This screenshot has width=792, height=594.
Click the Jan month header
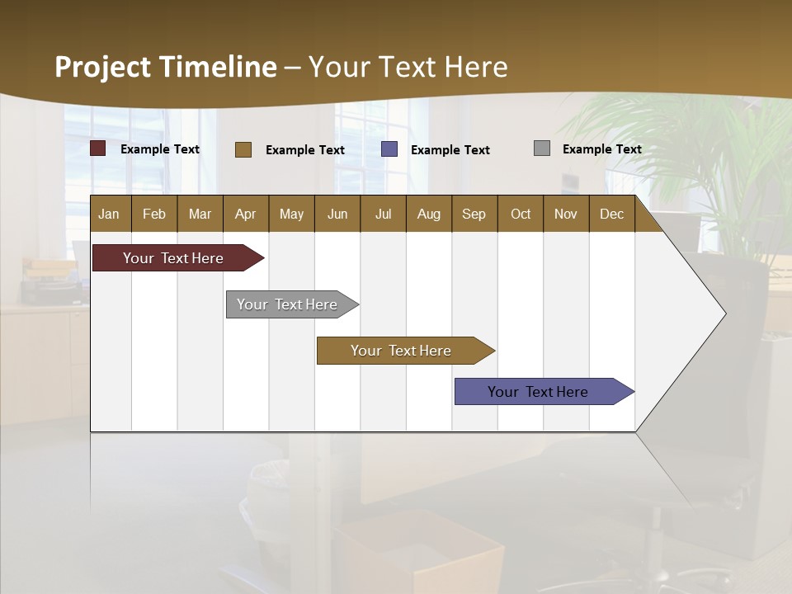(110, 214)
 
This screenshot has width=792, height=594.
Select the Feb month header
(154, 214)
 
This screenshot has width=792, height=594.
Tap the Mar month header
(200, 214)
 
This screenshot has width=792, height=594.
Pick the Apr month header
(246, 214)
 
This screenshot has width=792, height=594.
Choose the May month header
(291, 214)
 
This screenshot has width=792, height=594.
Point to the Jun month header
(337, 214)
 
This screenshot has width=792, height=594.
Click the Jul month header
(383, 214)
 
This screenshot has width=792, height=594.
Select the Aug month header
(429, 214)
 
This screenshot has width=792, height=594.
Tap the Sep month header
(474, 214)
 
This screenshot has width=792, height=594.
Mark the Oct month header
(521, 214)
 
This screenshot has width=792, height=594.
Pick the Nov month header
(566, 214)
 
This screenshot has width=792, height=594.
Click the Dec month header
(612, 214)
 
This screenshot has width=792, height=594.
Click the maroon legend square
(98, 148)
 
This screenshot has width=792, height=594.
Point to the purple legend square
(389, 148)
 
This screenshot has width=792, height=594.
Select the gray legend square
(542, 148)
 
